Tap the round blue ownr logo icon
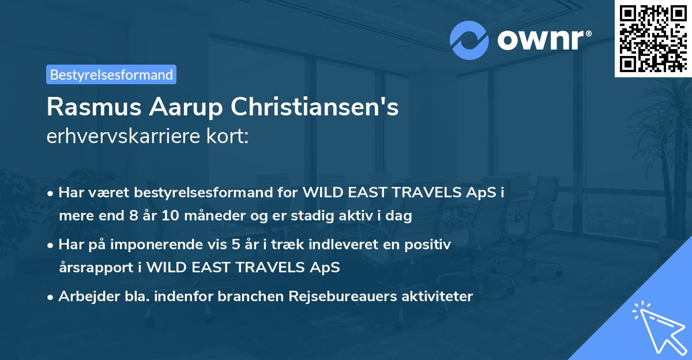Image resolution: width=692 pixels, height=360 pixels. [469, 41]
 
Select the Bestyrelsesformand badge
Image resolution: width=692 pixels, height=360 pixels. [111, 74]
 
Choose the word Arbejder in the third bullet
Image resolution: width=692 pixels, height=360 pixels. [85, 297]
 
